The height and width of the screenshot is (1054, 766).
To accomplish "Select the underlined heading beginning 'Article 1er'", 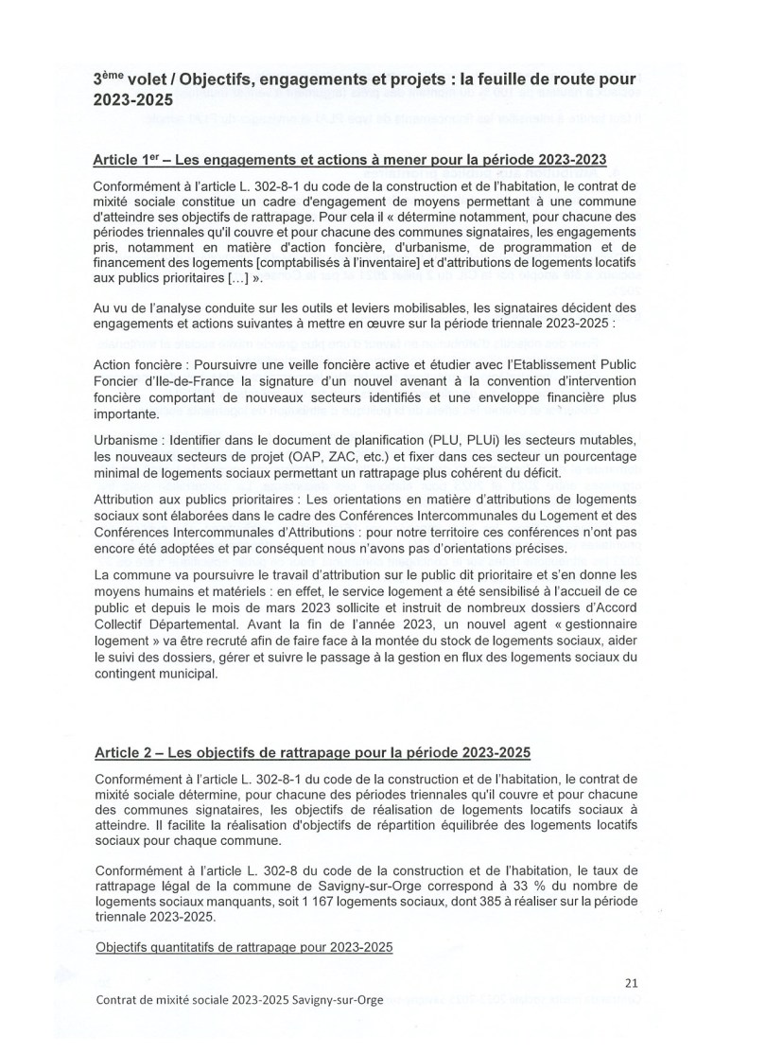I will tap(350, 158).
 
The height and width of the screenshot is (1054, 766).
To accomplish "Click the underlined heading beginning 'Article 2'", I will tap(312, 752).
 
